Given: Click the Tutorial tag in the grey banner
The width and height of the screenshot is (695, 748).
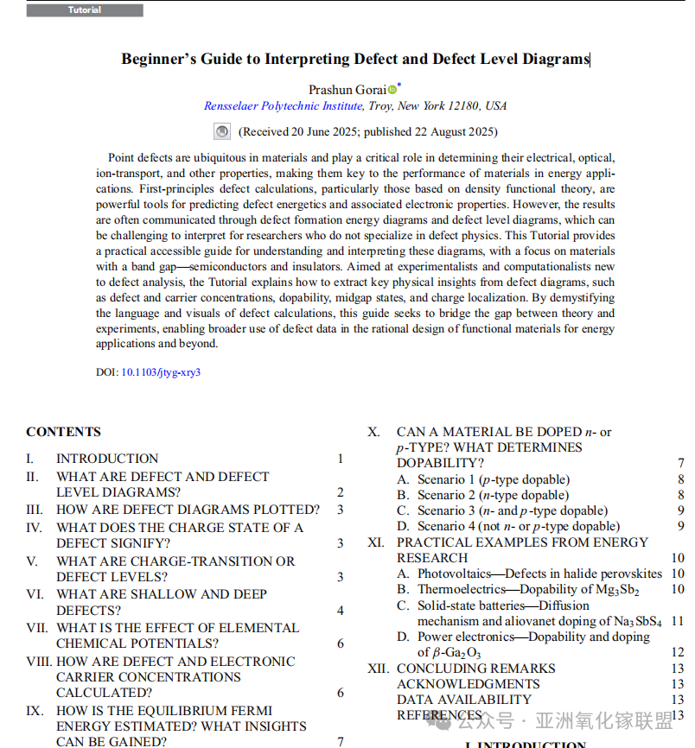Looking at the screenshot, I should pos(85,10).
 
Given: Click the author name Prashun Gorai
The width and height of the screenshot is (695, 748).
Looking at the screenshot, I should pos(347,90).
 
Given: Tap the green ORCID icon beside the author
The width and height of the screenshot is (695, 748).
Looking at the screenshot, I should pos(392,90).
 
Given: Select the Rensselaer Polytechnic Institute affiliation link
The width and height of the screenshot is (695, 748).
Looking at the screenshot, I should pos(284,106).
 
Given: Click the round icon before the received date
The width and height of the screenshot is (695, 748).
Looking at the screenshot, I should pos(222,132).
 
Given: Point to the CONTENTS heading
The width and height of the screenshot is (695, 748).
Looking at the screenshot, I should pos(63,432).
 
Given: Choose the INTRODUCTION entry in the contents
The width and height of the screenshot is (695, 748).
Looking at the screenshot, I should pos(107,459).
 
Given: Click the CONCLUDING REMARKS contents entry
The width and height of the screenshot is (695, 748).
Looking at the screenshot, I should pos(475,669).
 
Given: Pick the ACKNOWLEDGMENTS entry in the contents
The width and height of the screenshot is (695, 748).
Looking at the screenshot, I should pos(468,684).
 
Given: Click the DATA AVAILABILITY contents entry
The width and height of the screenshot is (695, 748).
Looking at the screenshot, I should pos(463,700).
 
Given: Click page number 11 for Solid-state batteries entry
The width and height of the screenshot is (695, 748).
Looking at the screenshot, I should pos(677,621).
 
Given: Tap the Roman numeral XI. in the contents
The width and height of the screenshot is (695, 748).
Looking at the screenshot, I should pos(376,542).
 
